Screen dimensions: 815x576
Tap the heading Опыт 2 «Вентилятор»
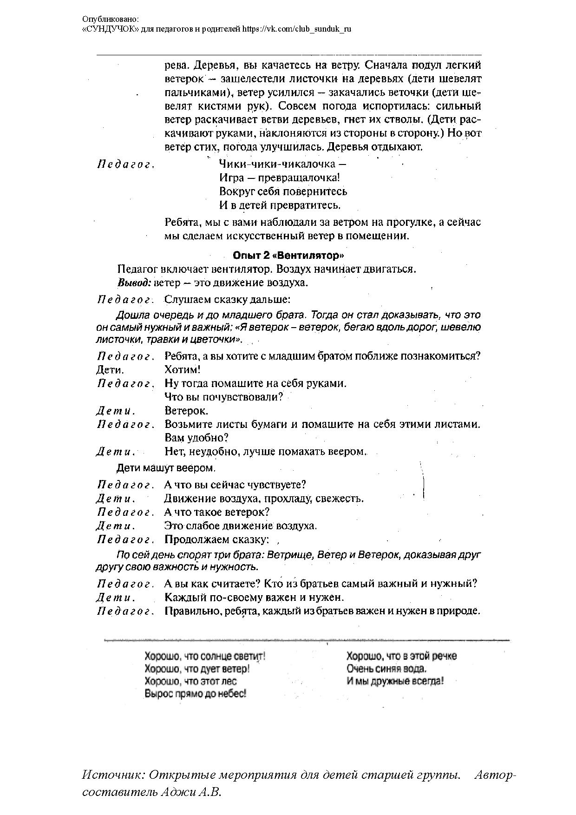[x=288, y=255]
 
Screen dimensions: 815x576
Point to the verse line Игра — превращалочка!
[x=279, y=177]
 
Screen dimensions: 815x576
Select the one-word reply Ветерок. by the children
[x=186, y=411]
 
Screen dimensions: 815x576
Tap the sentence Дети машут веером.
[x=166, y=467]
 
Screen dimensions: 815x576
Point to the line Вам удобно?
[x=196, y=438]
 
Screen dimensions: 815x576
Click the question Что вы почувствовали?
[x=224, y=397]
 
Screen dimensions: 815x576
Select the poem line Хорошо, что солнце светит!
[x=205, y=656]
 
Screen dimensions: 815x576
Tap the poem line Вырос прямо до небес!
[x=195, y=694]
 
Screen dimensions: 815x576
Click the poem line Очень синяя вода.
[x=386, y=669]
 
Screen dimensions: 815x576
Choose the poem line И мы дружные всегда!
[x=395, y=681]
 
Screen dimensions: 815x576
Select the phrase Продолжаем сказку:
[x=217, y=540]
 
